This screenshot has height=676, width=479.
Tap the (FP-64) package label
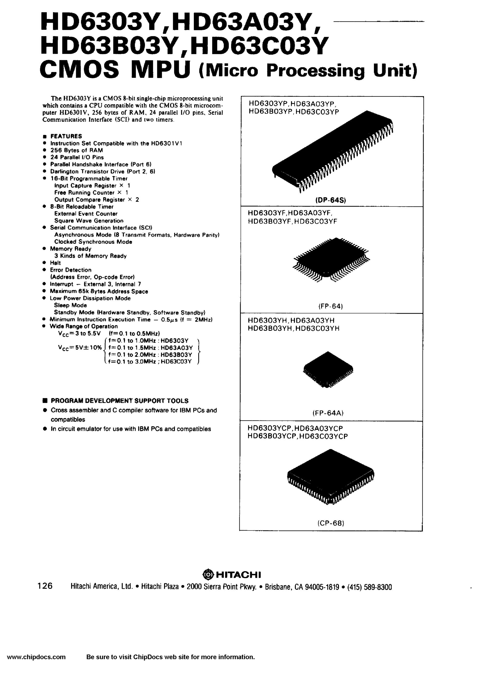pyautogui.click(x=330, y=306)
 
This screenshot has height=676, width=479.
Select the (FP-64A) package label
pyautogui.click(x=328, y=413)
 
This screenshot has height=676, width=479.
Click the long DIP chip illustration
pyautogui.click(x=333, y=151)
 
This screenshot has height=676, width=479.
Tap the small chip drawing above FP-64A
pyautogui.click(x=328, y=369)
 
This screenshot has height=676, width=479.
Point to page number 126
pyautogui.click(x=45, y=586)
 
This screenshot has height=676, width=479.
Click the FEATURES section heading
pyautogui.click(x=66, y=136)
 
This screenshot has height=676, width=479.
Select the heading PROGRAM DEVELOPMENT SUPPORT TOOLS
pyautogui.click(x=120, y=401)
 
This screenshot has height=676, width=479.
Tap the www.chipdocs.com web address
pyautogui.click(x=36, y=665)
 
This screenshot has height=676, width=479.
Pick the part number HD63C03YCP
pyautogui.click(x=323, y=436)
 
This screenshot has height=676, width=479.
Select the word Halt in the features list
pyautogui.click(x=55, y=263)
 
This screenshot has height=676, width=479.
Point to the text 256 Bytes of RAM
pyautogui.click(x=77, y=150)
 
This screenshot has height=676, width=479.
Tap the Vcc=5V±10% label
pyautogui.click(x=80, y=348)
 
